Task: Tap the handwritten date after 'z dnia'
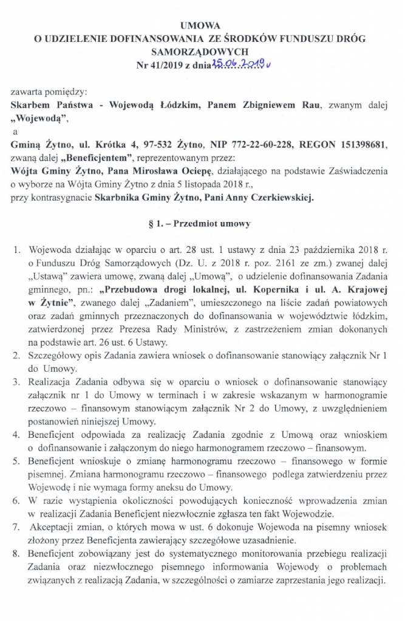tap(233, 64)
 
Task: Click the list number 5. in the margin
tap(16, 462)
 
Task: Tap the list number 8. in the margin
tap(16, 555)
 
